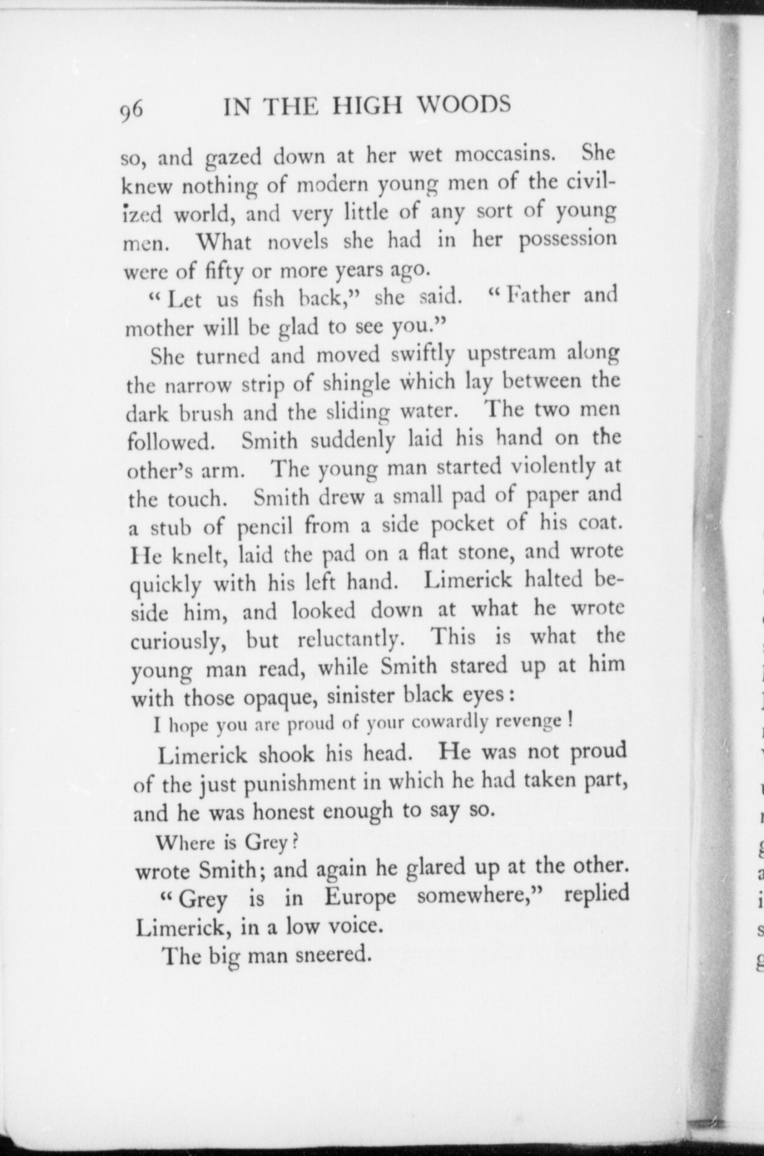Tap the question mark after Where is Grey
point(295,842)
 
